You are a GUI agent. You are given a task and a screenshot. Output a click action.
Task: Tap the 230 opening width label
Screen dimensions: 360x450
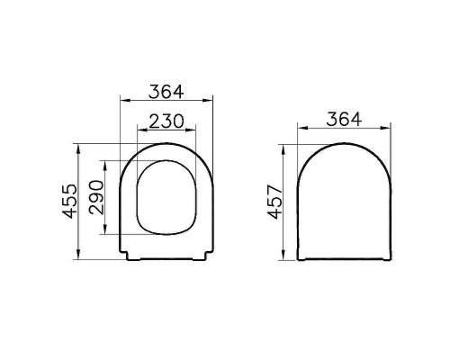166,120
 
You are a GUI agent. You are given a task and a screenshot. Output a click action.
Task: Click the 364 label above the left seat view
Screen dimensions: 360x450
166,92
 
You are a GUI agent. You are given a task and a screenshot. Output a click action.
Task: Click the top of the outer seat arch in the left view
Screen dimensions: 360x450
166,141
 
